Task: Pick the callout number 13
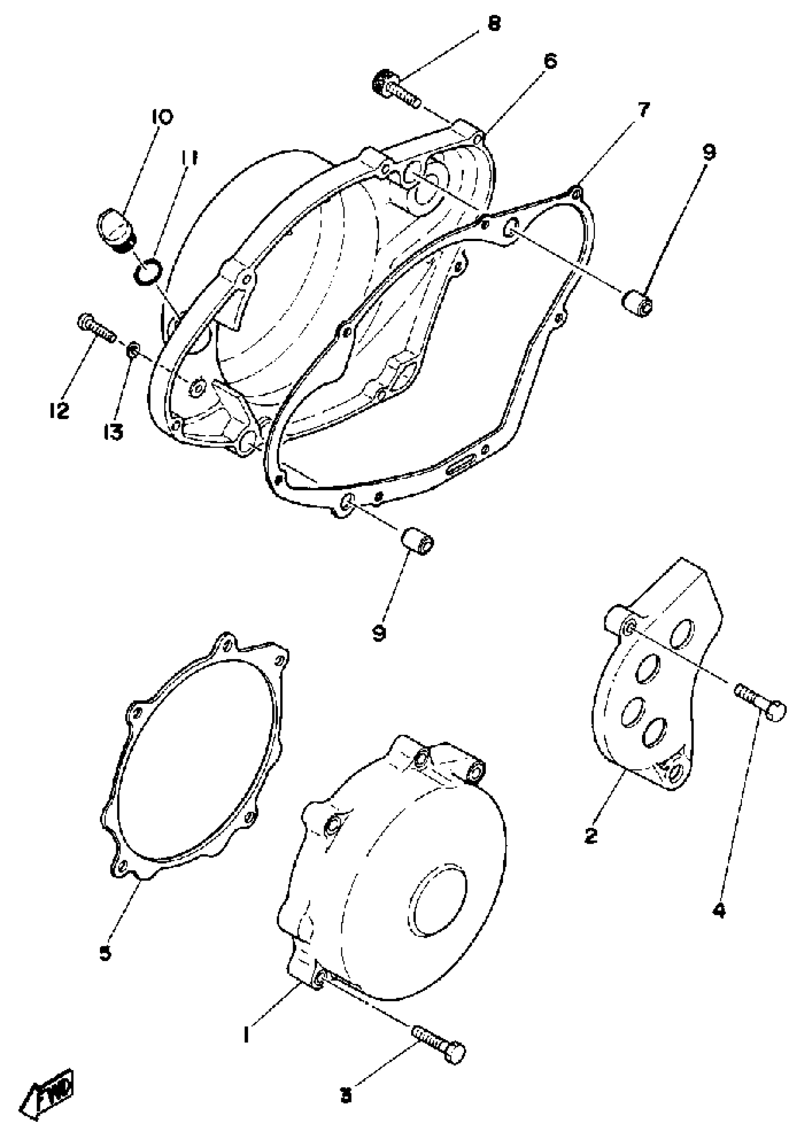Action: (113, 432)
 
